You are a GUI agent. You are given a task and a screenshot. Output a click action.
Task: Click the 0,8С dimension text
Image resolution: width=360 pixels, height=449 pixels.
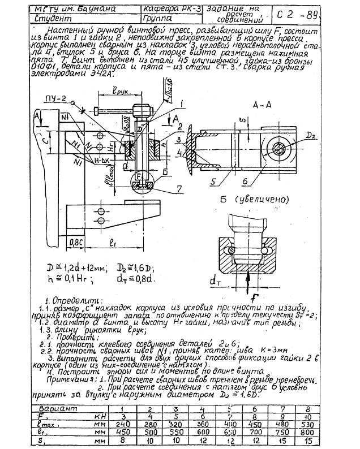(x=76, y=243)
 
